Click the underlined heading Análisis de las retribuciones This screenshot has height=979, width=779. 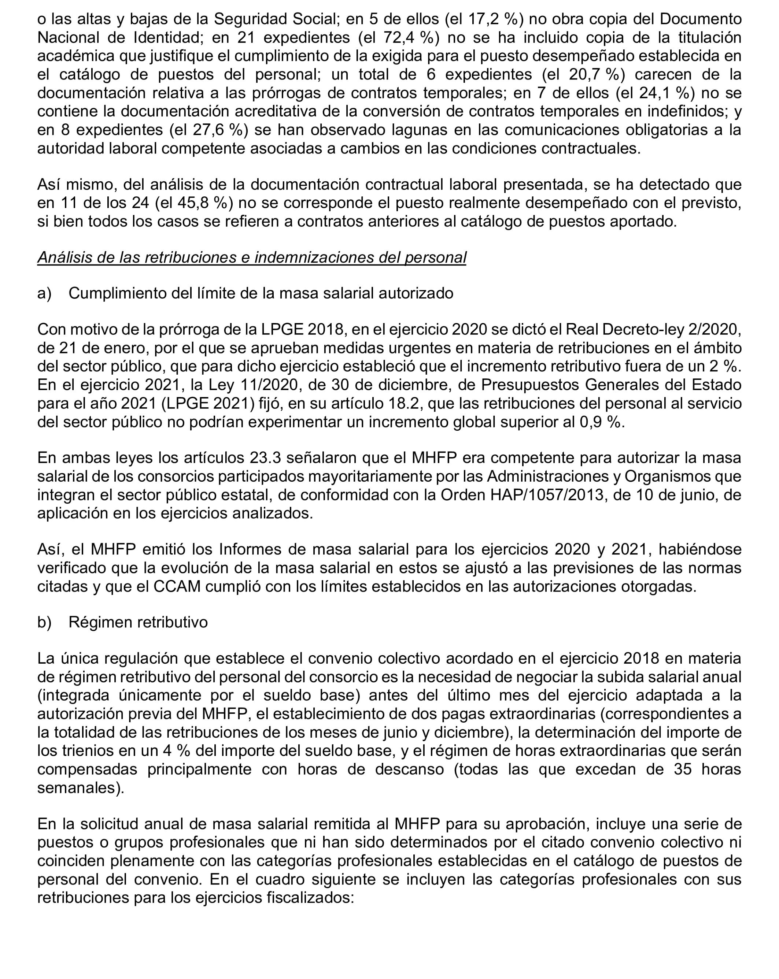pyautogui.click(x=252, y=257)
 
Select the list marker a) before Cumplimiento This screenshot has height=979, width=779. pyautogui.click(x=44, y=293)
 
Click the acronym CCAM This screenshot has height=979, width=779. pyautogui.click(x=177, y=587)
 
